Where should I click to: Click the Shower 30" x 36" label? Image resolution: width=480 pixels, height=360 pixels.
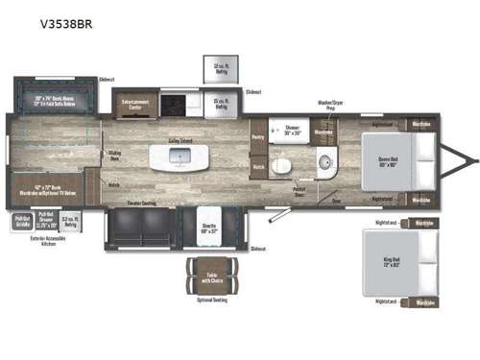point(287,129)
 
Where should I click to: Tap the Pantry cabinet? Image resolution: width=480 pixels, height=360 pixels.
point(256,138)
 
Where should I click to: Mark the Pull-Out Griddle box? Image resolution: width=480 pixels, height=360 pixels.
point(22,221)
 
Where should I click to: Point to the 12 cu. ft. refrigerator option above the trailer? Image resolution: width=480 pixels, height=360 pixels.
point(216,69)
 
